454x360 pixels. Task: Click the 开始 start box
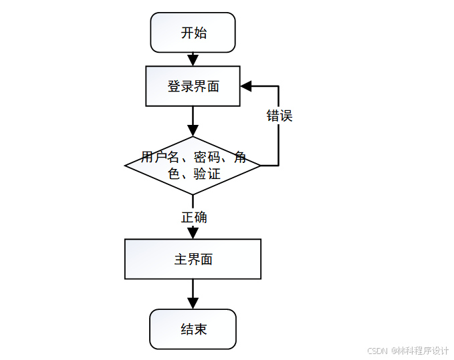[193, 32]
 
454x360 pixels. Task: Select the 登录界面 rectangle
[193, 86]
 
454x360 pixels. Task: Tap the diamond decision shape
[193, 166]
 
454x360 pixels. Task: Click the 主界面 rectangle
[193, 259]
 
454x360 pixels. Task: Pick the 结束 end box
[193, 329]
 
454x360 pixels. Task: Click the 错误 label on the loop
[279, 116]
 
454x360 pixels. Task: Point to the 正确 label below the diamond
[193, 217]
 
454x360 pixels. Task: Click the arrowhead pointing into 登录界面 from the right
[246, 86]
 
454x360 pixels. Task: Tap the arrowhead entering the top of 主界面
[193, 233]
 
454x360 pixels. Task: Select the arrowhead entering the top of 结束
[193, 303]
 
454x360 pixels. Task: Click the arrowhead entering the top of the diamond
[193, 131]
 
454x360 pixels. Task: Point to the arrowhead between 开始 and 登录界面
[193, 60]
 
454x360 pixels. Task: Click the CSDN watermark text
[378, 351]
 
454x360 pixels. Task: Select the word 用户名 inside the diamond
[160, 158]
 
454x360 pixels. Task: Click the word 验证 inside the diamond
[207, 174]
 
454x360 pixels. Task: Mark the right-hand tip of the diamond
[259, 166]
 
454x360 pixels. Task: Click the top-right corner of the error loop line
[278, 86]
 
